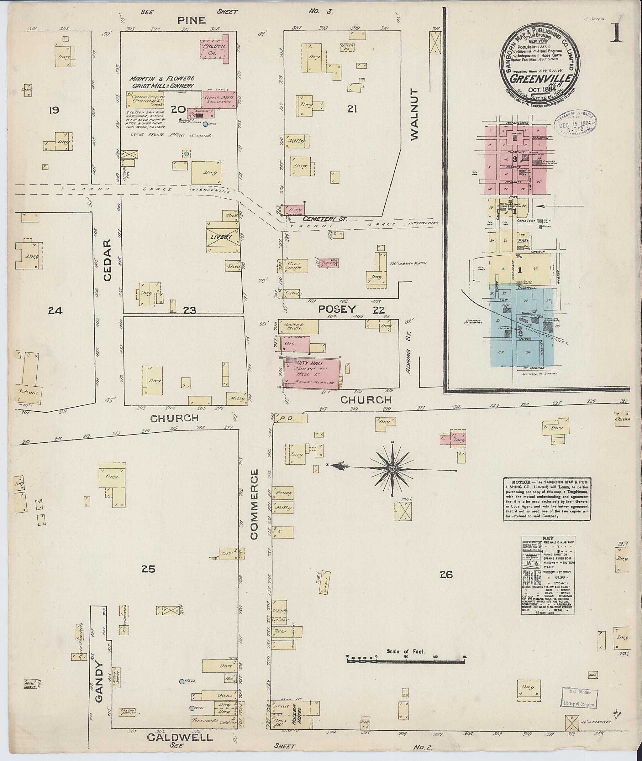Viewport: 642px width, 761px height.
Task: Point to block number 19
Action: coord(54,110)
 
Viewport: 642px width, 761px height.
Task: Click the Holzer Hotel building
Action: coord(302,714)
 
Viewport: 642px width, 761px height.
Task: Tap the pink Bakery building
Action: coord(329,263)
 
